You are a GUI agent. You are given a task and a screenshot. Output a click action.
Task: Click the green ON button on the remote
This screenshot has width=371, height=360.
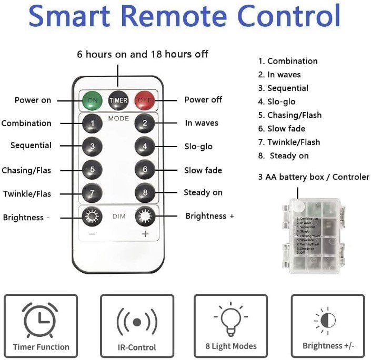(93, 99)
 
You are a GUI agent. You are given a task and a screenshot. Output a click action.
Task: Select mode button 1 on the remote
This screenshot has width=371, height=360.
(93, 124)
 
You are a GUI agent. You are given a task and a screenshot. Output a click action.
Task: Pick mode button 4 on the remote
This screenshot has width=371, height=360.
(144, 146)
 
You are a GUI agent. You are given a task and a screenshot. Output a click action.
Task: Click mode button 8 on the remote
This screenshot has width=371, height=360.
(144, 192)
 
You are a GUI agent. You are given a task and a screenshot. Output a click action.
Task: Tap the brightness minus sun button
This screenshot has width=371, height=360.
(93, 215)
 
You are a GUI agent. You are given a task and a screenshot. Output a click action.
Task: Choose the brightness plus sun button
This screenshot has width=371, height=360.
(145, 215)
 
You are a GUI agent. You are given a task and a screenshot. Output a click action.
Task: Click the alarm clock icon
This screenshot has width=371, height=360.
(41, 321)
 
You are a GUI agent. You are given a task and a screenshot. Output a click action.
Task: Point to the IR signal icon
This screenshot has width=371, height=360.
(137, 321)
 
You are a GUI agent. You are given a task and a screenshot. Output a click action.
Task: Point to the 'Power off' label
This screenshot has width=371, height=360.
(203, 100)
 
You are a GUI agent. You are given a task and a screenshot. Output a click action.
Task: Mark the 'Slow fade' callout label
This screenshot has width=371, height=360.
(203, 170)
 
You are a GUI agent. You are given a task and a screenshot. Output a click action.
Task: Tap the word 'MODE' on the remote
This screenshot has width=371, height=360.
(118, 119)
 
